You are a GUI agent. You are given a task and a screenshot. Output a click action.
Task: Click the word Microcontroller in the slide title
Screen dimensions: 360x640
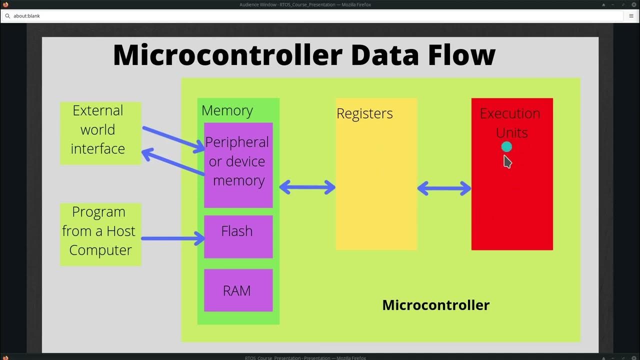[x=227, y=55]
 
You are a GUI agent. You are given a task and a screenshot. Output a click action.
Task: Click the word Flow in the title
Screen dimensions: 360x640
[x=461, y=55]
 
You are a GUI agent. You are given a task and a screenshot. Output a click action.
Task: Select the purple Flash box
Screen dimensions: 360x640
[x=238, y=236]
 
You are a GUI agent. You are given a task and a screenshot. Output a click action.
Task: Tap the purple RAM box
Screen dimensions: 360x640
[x=238, y=290]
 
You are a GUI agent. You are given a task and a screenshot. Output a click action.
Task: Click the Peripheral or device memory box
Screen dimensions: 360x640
[x=238, y=165]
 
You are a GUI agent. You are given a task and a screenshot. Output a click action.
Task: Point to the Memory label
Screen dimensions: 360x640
[x=227, y=110]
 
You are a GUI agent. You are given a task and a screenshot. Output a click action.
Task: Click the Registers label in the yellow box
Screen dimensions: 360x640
[x=364, y=113]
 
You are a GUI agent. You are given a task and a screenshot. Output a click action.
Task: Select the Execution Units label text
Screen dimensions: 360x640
[x=510, y=122]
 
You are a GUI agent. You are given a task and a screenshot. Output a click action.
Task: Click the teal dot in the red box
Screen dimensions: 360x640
[x=506, y=146]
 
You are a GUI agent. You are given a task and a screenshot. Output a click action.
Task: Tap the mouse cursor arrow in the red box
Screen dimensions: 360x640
[x=507, y=161]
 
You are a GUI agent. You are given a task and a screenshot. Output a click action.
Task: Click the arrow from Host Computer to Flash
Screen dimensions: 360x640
[x=172, y=238]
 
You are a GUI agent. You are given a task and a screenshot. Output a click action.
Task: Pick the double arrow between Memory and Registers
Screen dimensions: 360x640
[x=307, y=187]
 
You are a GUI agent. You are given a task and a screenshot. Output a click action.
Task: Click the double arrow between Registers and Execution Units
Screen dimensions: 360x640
[x=444, y=188]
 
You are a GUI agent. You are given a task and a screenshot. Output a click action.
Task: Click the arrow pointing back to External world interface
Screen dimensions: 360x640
[x=172, y=163]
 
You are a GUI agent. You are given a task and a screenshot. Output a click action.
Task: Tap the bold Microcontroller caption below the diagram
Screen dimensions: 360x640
[x=435, y=305]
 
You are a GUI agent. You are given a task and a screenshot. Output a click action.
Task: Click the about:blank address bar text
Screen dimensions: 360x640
[x=26, y=16]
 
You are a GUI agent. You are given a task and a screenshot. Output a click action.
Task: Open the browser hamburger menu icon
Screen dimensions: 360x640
[x=631, y=16]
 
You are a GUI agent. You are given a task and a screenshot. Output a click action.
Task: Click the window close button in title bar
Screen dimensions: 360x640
[x=633, y=4]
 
